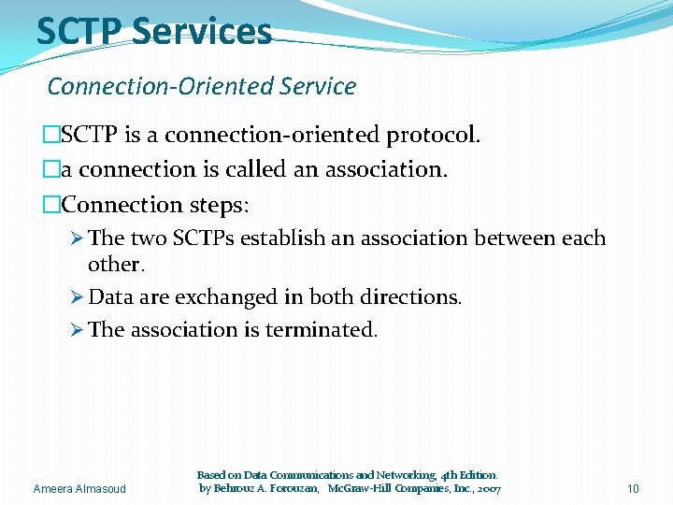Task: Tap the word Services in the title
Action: (x=201, y=31)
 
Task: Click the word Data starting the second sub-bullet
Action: (x=110, y=297)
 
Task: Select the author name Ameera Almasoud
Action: (x=79, y=489)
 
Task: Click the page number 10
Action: (x=633, y=489)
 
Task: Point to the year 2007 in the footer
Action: (x=487, y=489)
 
